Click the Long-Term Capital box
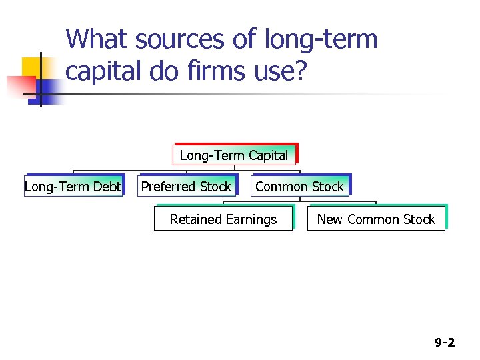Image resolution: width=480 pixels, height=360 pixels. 234,155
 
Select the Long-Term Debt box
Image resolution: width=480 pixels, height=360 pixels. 73,187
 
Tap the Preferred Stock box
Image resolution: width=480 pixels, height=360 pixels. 186,187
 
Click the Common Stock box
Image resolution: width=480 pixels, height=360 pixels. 299,187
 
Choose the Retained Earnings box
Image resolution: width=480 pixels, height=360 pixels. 223,219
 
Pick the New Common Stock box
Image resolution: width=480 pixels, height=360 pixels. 375,219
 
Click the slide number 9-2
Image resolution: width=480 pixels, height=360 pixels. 445,343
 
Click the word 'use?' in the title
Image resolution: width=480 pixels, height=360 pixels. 283,71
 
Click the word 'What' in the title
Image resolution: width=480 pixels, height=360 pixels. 96,39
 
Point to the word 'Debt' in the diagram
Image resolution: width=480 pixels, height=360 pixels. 107,187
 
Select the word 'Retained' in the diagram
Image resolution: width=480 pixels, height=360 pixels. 196,219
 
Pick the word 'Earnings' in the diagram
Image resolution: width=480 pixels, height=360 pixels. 251,219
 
